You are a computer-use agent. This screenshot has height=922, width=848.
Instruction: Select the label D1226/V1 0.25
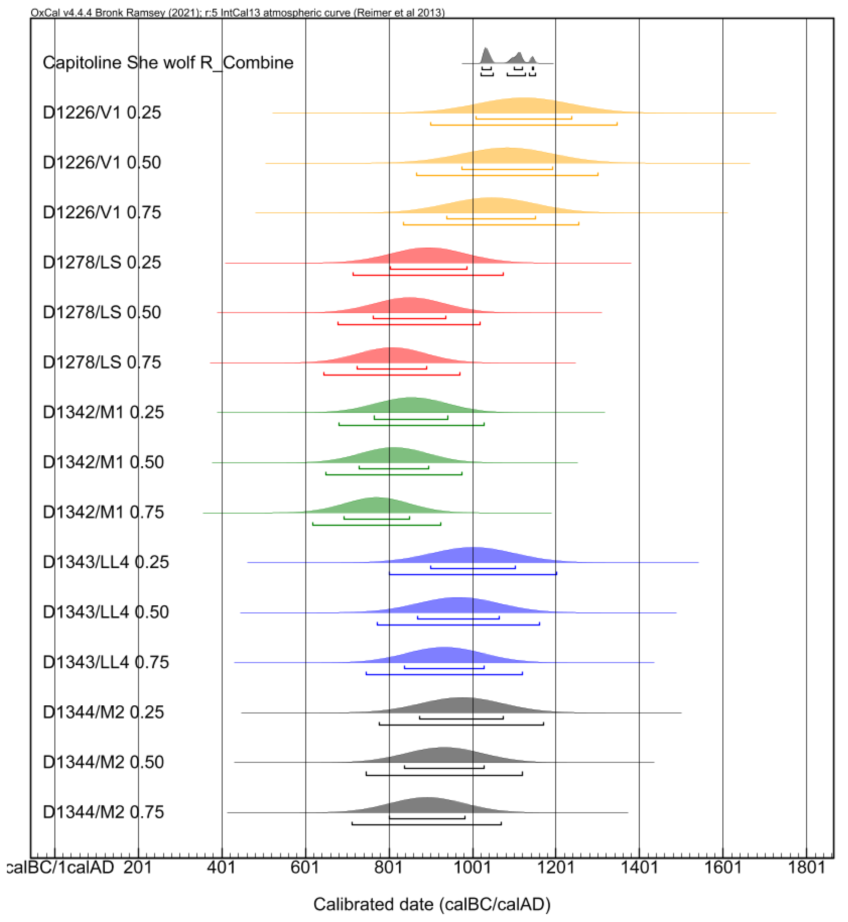[x=102, y=113]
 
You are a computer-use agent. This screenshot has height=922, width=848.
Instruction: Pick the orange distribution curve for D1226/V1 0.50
[x=505, y=156]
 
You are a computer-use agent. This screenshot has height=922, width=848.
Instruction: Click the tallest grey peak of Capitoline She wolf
[x=486, y=55]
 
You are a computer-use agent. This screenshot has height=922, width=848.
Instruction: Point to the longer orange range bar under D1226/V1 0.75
[x=491, y=224]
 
